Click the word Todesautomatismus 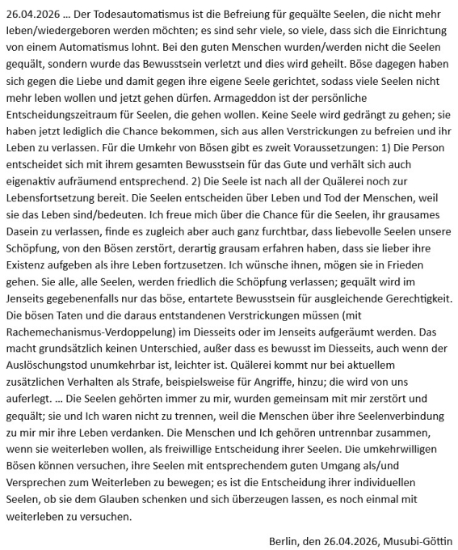[x=135, y=12]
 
